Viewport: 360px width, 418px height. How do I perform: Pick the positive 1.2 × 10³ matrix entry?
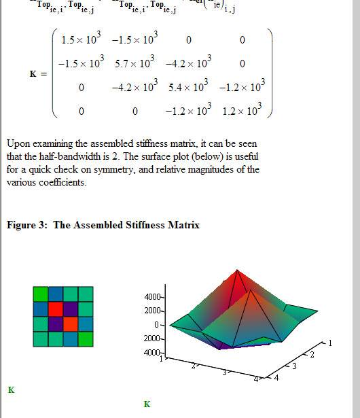242,111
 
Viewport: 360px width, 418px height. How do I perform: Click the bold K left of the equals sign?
33,74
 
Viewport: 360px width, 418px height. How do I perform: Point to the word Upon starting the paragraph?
18,144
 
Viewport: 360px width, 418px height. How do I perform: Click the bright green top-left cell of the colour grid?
41,294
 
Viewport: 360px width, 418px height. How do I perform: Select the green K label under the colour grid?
11,390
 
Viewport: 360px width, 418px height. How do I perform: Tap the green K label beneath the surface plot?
147,404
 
